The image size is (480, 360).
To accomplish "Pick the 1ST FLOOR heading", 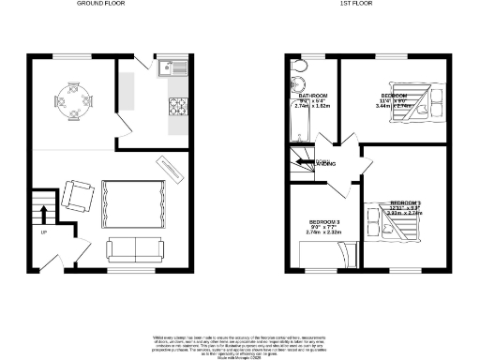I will point(357,5).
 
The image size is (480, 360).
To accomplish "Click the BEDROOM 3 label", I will point(325,221).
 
